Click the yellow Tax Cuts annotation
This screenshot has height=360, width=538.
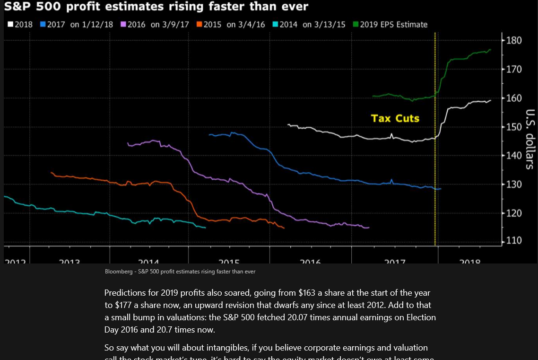pyautogui.click(x=395, y=118)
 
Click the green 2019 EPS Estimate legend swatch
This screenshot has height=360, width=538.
pyautogui.click(x=356, y=25)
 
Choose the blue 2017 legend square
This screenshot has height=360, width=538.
pyautogui.click(x=43, y=25)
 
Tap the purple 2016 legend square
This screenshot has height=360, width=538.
pyautogui.click(x=124, y=25)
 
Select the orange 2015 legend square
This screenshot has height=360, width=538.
pyautogui.click(x=200, y=25)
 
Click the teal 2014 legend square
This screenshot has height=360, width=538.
pyautogui.click(x=275, y=25)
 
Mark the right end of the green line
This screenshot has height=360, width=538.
pyautogui.click(x=491, y=49)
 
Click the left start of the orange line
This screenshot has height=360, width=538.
pyautogui.click(x=51, y=173)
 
